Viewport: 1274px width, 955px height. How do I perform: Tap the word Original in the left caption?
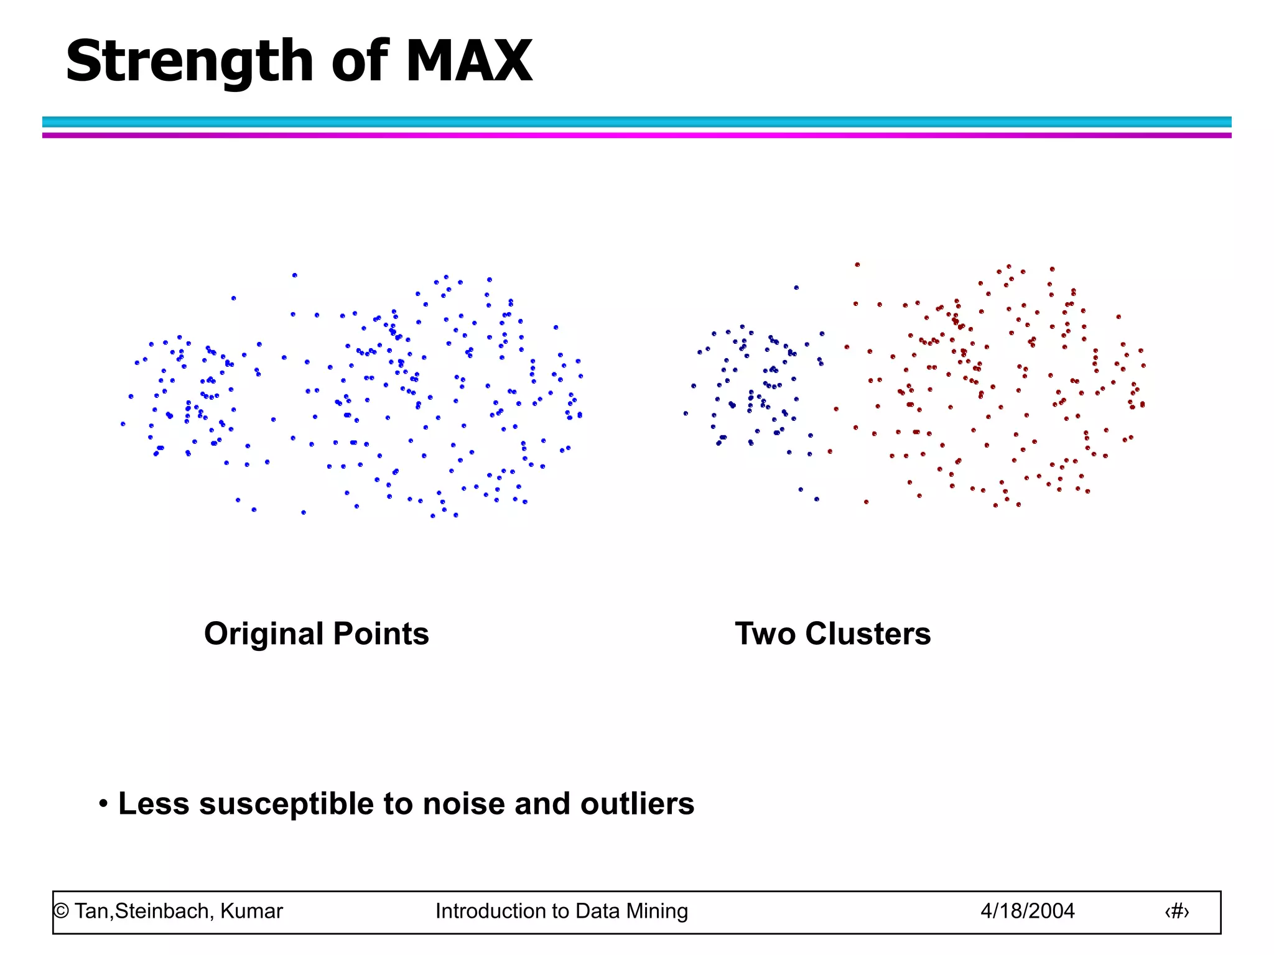[x=264, y=634]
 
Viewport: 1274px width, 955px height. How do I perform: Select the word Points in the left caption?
[x=381, y=634]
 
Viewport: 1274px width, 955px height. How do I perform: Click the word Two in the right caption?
[x=765, y=634]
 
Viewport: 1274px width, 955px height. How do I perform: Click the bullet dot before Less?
[x=103, y=803]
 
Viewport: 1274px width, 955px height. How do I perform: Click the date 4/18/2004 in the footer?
[x=1027, y=911]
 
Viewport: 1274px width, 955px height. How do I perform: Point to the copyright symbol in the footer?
[x=61, y=911]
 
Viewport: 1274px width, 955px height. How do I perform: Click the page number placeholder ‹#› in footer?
[x=1176, y=911]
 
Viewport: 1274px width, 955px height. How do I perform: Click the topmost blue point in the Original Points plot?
[x=295, y=275]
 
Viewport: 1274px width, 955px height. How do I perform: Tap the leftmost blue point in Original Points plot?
[x=123, y=424]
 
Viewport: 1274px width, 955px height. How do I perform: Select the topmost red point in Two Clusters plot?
[x=857, y=264]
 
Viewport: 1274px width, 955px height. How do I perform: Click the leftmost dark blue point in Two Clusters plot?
[x=686, y=413]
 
